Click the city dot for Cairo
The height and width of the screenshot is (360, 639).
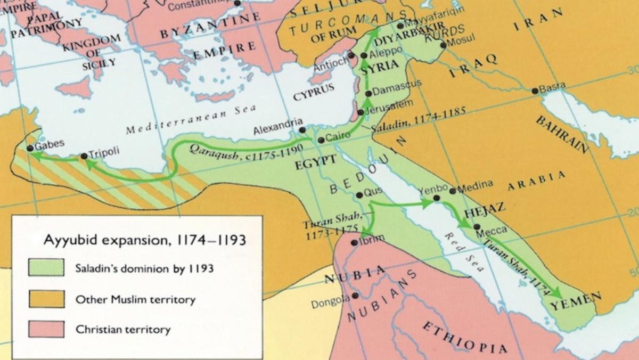point(321,140)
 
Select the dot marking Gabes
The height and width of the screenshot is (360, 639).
point(30,148)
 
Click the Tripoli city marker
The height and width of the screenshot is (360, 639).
point(84,157)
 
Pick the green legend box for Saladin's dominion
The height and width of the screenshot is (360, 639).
point(46,268)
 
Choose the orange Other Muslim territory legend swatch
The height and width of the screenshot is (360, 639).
point(46,299)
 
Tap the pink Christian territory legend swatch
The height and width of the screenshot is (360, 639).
point(46,329)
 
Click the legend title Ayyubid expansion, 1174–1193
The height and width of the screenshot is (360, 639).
point(144,240)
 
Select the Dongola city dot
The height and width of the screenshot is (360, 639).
point(355,295)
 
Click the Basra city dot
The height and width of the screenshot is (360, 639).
point(535,91)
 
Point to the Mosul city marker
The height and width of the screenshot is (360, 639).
point(443,45)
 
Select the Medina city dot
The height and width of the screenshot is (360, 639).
point(453,191)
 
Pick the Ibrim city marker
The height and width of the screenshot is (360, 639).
point(354,242)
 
